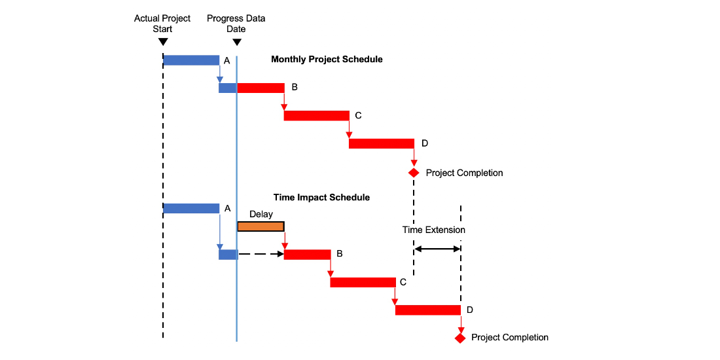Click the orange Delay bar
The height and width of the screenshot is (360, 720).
tap(261, 226)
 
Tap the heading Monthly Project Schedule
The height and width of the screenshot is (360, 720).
tap(327, 59)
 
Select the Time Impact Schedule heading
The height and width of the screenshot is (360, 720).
tap(321, 198)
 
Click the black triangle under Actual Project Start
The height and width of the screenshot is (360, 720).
tap(162, 42)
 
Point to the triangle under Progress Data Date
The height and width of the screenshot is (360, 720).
tap(237, 42)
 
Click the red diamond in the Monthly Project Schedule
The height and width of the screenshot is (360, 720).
tap(414, 173)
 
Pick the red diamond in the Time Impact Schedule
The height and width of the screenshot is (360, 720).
tap(460, 338)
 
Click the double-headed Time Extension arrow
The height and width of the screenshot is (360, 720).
tap(437, 249)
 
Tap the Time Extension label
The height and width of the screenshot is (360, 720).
tap(434, 230)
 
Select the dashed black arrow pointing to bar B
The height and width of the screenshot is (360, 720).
tap(261, 254)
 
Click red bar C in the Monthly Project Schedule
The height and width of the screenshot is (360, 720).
tap(316, 116)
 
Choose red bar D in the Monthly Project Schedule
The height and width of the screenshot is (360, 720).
tap(382, 143)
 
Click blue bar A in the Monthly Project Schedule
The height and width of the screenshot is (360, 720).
tap(191, 60)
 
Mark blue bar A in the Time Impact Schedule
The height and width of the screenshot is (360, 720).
tap(191, 208)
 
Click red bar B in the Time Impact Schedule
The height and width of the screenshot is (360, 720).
tap(307, 255)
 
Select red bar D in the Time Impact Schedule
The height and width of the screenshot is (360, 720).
tap(428, 310)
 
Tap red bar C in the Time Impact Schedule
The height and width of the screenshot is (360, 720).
tap(363, 282)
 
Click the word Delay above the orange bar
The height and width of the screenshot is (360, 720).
tap(261, 214)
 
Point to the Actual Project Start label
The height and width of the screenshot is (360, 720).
tap(162, 24)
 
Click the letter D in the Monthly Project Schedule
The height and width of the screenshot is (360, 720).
tap(424, 143)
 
